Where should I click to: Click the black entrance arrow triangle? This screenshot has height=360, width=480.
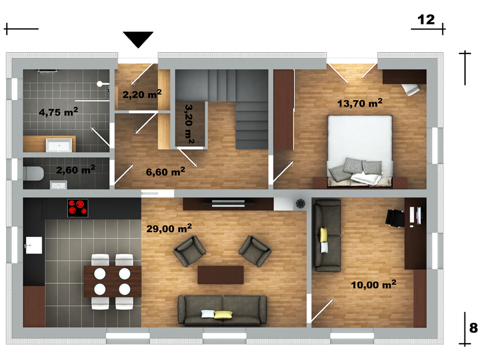[138, 39]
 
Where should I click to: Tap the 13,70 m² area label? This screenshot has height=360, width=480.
[359, 103]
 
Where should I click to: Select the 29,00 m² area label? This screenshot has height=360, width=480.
[169, 228]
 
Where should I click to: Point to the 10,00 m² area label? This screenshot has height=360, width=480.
[373, 284]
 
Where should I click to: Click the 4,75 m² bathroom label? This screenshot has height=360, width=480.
[58, 112]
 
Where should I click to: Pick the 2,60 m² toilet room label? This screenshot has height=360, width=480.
[76, 169]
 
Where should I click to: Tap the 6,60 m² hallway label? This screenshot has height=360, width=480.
[166, 172]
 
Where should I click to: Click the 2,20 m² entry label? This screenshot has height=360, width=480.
[142, 94]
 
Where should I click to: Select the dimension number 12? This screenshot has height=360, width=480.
[426, 20]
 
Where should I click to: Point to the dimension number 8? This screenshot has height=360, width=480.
[473, 328]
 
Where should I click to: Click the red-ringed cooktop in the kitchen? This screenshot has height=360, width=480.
[78, 208]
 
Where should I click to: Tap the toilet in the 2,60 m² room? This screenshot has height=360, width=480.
[33, 173]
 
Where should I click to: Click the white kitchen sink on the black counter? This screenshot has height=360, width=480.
[34, 245]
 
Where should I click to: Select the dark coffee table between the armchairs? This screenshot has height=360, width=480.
[220, 275]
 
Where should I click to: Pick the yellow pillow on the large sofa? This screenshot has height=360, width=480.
[223, 314]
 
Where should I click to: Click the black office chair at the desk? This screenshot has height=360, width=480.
[395, 218]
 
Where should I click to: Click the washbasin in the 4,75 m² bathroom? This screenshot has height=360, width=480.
[59, 145]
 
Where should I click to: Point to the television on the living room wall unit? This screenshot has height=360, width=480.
[229, 203]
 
